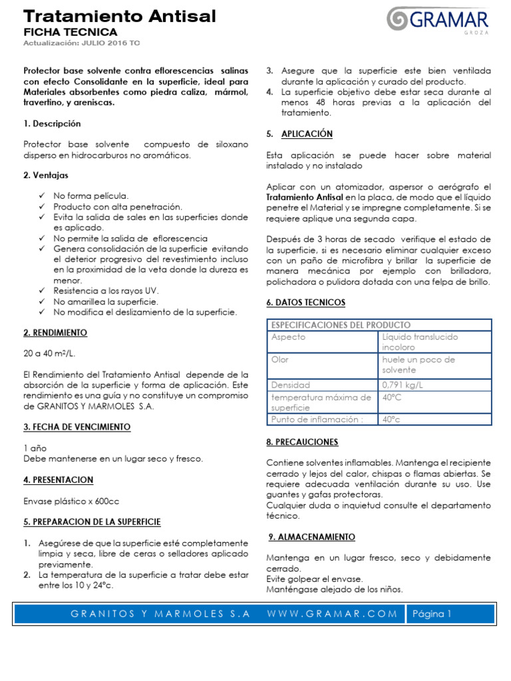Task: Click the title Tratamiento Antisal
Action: pyautogui.click(x=120, y=16)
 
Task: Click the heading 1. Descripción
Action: pyautogui.click(x=52, y=124)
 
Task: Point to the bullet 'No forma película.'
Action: pyautogui.click(x=90, y=196)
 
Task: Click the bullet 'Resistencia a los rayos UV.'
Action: pyautogui.click(x=106, y=291)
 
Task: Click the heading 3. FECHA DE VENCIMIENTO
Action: pyautogui.click(x=77, y=427)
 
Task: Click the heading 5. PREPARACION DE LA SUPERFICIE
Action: pyautogui.click(x=92, y=522)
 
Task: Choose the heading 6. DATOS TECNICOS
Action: pyautogui.click(x=305, y=303)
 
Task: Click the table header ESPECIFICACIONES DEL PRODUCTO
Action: pyautogui.click(x=340, y=325)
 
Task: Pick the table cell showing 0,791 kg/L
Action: pyautogui.click(x=403, y=385)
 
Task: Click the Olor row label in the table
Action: pyautogui.click(x=279, y=360)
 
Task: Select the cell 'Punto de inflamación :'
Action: pyautogui.click(x=316, y=420)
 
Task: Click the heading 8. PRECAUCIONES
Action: pyautogui.click(x=302, y=442)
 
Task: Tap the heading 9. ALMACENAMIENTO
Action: pyautogui.click(x=311, y=537)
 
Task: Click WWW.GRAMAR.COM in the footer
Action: pyautogui.click(x=332, y=614)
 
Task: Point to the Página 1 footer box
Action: pyautogui.click(x=432, y=614)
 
